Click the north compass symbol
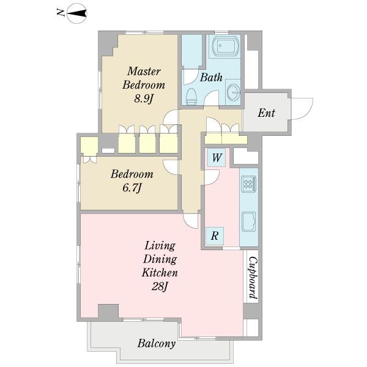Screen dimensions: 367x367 click(77, 13)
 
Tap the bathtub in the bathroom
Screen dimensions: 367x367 click(226, 46)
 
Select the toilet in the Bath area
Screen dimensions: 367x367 click(191, 96)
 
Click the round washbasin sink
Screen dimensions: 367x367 click(234, 92)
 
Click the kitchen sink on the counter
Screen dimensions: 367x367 click(249, 221)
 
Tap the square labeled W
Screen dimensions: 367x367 click(217, 158)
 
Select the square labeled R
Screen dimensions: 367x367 click(215, 236)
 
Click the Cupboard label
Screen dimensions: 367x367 click(253, 278)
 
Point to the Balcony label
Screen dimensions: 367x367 click(157, 344)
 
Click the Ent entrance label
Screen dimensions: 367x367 click(266, 113)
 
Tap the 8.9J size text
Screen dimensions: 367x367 click(144, 98)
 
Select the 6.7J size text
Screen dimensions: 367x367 click(132, 188)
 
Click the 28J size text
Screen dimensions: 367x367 click(160, 286)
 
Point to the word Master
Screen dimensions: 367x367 click(144, 72)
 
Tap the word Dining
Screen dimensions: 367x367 click(160, 260)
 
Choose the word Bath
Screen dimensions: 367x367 click(211, 78)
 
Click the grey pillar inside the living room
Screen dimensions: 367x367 click(108, 311)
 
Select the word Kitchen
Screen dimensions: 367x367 click(160, 273)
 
